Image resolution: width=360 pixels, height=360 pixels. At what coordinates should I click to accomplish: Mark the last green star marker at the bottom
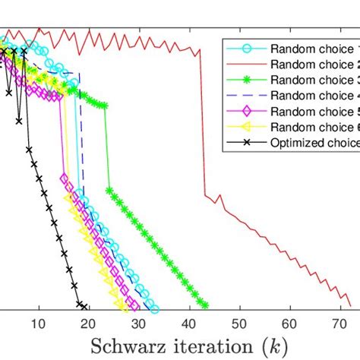click(x=204, y=305)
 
